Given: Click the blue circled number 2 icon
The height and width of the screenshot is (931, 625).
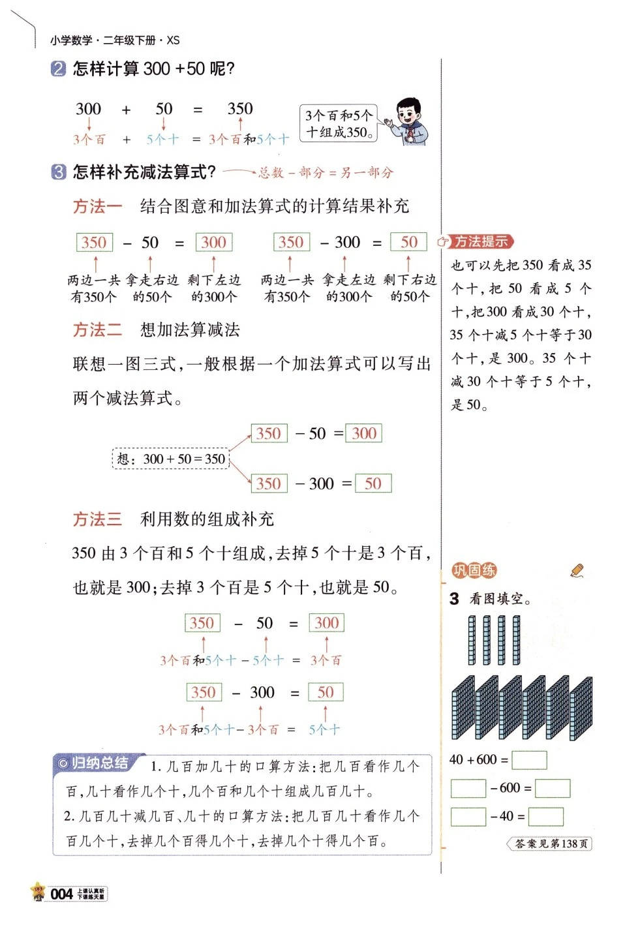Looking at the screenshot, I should (x=58, y=69).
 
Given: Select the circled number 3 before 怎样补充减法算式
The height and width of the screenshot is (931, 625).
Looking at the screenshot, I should (x=58, y=172).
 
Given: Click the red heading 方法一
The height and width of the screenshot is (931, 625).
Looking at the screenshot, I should (x=97, y=207).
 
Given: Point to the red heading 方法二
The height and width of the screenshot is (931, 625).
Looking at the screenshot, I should (x=97, y=329).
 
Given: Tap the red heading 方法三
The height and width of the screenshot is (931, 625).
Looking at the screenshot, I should (x=97, y=519).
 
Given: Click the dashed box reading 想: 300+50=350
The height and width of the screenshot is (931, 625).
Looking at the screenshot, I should (x=172, y=459).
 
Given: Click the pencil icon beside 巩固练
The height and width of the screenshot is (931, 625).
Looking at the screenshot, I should (x=577, y=571).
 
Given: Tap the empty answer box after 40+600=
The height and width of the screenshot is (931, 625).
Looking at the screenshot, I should (x=529, y=760).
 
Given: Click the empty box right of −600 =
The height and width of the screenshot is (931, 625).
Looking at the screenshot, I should (x=552, y=788).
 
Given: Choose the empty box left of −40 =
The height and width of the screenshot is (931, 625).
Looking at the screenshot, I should (x=468, y=816).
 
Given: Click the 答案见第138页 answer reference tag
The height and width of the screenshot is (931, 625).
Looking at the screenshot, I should (x=549, y=844).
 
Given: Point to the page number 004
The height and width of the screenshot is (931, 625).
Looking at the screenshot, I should (x=61, y=894).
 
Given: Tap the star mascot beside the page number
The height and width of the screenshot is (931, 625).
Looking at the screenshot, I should (x=38, y=892).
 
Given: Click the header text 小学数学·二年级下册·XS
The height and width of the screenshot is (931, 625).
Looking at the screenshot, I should (x=115, y=40).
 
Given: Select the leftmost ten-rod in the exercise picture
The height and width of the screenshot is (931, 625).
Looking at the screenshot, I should (x=472, y=640).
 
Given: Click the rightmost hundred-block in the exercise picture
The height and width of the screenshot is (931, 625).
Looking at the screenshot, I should (x=581, y=708).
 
